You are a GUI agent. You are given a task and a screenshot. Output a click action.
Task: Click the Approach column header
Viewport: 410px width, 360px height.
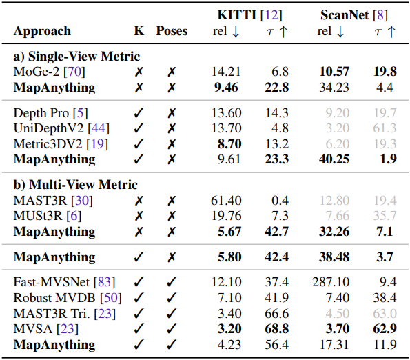point(42,32)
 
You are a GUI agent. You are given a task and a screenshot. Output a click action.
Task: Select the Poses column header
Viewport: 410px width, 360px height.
point(172,31)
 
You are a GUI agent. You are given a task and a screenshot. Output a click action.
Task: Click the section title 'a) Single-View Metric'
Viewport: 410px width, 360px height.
point(76,57)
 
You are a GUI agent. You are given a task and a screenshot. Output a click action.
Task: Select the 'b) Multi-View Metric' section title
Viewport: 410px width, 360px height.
point(76,185)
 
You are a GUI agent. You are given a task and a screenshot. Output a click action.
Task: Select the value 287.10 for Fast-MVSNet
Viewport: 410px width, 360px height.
point(331,282)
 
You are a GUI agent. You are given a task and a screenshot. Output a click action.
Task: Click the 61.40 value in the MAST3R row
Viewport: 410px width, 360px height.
point(226,201)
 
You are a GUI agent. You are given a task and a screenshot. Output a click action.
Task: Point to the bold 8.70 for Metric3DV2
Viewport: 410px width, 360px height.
point(229,144)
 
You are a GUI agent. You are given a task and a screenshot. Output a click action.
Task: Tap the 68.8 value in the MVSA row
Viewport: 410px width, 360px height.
point(276,329)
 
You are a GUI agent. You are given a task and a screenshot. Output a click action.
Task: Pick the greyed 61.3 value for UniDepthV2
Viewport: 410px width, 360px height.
point(385,128)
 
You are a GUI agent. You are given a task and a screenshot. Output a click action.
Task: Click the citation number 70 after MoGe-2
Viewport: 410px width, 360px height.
point(74,72)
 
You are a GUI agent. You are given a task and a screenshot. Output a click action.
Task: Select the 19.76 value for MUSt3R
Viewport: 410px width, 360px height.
point(226,216)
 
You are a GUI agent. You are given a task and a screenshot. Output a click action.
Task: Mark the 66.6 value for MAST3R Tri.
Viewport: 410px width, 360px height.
point(276,313)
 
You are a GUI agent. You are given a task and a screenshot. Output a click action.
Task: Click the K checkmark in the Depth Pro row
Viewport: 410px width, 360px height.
point(139,113)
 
